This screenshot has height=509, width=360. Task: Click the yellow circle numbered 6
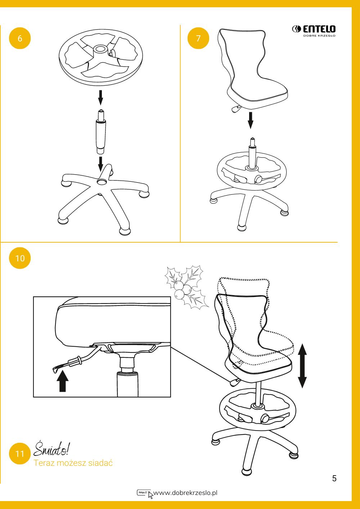pos(20,38)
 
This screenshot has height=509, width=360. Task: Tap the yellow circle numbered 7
pos(198,38)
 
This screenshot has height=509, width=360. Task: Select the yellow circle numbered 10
pos(20,258)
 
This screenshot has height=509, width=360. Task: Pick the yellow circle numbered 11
pos(20,454)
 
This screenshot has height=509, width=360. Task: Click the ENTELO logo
pos(314,31)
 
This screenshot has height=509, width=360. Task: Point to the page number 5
pos(334,478)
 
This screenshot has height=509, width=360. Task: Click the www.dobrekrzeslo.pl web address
pos(185,493)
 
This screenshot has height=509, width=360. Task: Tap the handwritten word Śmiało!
pos(52,449)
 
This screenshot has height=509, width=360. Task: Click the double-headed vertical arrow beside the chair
pos(302,366)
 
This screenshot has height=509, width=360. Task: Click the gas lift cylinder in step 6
pos(101,132)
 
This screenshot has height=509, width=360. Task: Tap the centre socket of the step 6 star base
pos(102,181)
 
